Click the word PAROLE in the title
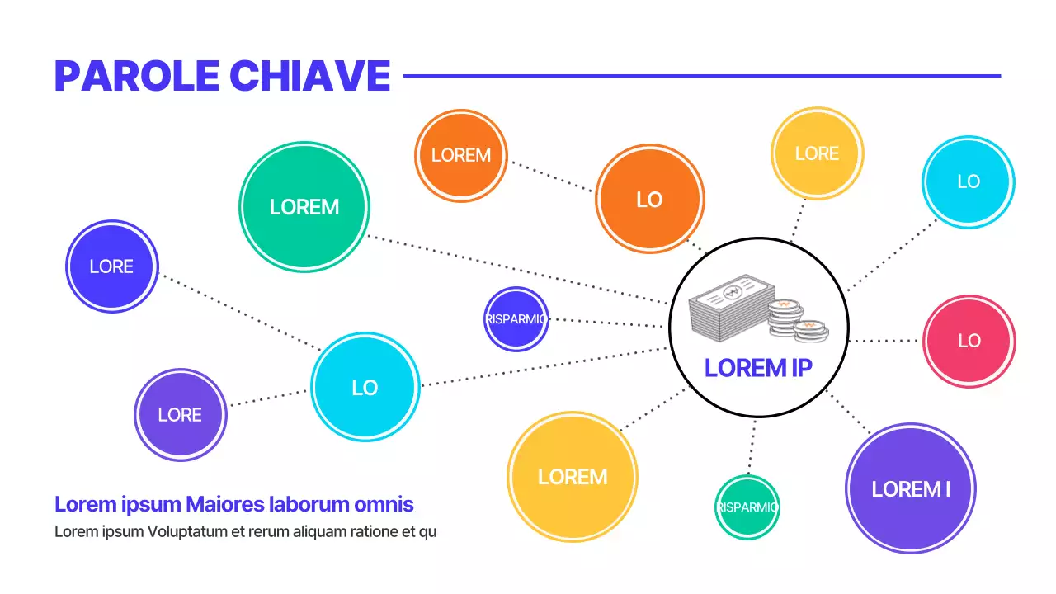137,76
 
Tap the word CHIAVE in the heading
309,76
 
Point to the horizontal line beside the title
701,76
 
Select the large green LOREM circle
304,207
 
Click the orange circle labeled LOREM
460,155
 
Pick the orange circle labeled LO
649,200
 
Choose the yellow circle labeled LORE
817,153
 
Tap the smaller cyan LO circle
968,181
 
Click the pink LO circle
969,341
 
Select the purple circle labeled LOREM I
911,488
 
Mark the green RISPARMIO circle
747,507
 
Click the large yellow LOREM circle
573,477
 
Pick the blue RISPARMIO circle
516,319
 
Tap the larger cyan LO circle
365,388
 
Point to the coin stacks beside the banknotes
795,320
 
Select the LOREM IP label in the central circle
758,368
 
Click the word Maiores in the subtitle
220,504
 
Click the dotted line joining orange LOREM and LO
551,176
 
